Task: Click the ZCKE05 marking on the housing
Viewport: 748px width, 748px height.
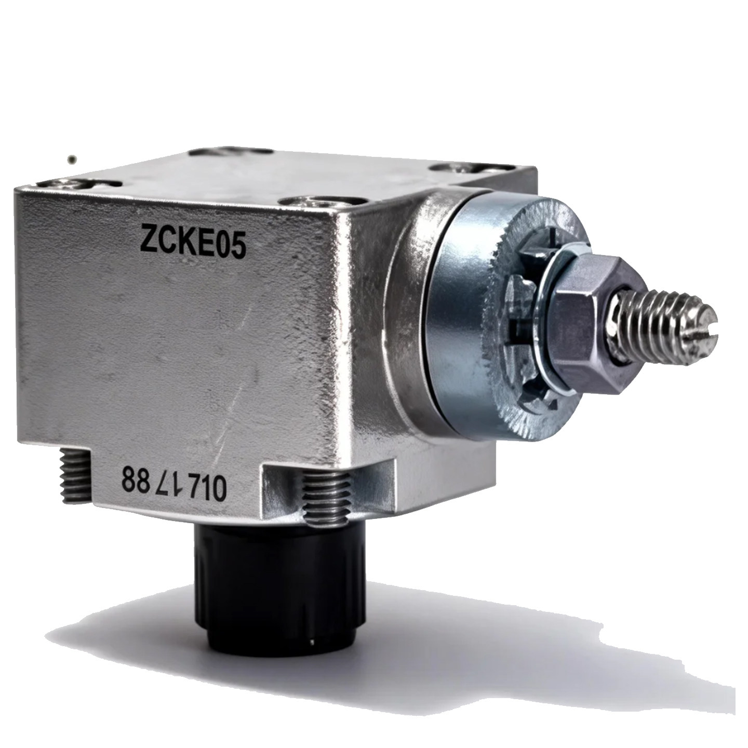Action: [193, 243]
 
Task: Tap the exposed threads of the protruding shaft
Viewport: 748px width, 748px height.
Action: [660, 324]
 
